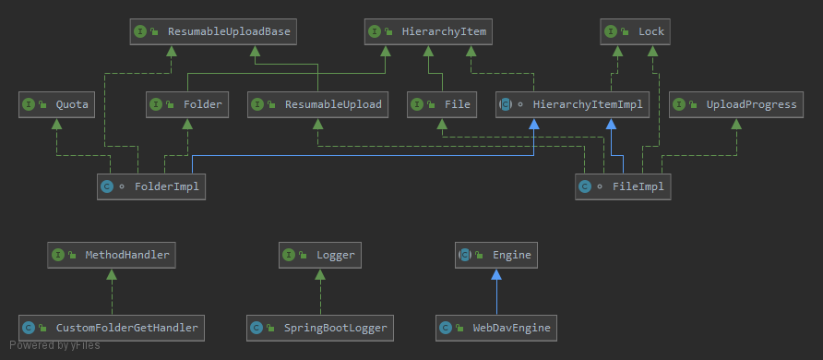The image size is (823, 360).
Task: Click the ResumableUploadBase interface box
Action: (213, 32)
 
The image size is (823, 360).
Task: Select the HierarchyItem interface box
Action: (428, 32)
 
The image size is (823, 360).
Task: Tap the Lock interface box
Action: (635, 32)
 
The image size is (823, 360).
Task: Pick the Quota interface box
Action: (56, 104)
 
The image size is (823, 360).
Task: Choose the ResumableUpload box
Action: (318, 104)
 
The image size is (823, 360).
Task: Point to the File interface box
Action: (442, 104)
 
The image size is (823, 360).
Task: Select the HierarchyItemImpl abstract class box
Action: (573, 104)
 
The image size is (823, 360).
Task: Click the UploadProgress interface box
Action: (736, 104)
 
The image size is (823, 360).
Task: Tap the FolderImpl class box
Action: (151, 186)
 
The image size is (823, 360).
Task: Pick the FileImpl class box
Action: (623, 186)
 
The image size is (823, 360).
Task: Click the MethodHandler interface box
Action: (112, 255)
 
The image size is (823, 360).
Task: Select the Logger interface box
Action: (320, 255)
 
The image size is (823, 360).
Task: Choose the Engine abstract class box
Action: (496, 255)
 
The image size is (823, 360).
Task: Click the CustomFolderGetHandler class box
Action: (112, 328)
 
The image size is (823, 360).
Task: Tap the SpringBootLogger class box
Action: (320, 328)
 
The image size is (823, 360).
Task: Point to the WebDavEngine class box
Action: (496, 328)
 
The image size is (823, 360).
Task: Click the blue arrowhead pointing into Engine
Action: (496, 274)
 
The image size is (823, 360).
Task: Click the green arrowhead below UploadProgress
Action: (736, 124)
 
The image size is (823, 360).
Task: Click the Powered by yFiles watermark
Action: (54, 345)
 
